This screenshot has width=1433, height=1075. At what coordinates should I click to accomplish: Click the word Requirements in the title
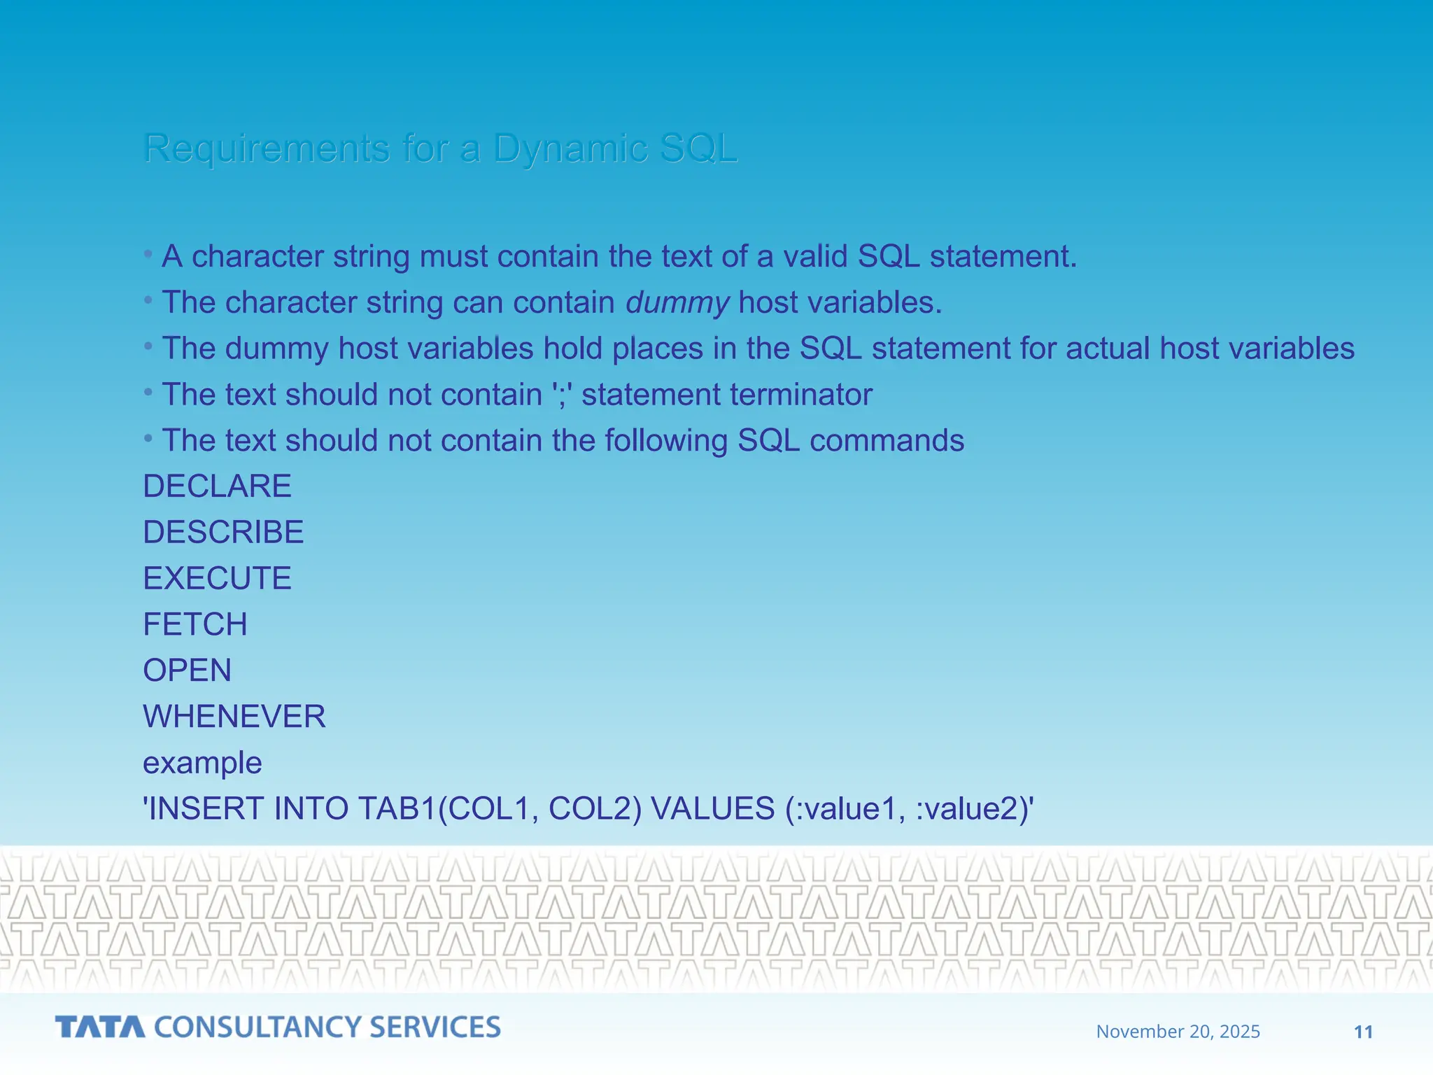(x=267, y=148)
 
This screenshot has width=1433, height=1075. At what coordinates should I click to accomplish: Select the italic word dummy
(x=677, y=303)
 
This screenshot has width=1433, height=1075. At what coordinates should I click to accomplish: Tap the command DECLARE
(x=217, y=486)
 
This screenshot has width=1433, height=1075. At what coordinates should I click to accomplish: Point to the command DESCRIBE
(x=223, y=533)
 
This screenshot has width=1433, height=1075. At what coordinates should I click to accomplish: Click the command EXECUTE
(x=217, y=579)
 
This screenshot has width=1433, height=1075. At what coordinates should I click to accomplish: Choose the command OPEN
(x=187, y=670)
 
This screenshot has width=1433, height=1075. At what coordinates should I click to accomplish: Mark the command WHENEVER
(x=234, y=717)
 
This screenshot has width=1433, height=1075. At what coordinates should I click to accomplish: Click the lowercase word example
(x=202, y=763)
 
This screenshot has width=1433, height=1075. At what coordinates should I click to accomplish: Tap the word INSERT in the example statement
(x=206, y=809)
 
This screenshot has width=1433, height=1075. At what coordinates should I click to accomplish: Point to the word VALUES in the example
(x=712, y=809)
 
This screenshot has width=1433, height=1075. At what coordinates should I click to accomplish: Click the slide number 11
(x=1363, y=1032)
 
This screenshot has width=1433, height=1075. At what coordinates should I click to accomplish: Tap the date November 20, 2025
(x=1178, y=1032)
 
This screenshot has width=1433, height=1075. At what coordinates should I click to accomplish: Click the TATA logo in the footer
(x=100, y=1027)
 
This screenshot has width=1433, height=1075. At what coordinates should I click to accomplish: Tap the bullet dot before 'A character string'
(x=148, y=255)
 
